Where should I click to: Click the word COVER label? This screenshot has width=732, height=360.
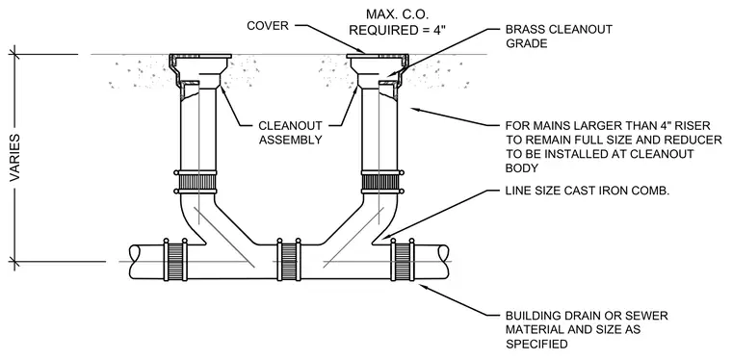[268, 25]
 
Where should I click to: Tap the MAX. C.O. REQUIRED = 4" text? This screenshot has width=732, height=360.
[398, 22]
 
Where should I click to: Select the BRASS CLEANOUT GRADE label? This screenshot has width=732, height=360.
[559, 36]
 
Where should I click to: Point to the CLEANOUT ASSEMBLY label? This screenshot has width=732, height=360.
[290, 133]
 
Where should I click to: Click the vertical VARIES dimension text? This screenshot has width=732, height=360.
[15, 158]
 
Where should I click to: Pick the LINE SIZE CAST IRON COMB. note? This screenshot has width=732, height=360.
[588, 191]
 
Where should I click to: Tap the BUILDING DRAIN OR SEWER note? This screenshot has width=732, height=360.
[587, 330]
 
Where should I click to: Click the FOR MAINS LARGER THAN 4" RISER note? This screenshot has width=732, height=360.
[614, 146]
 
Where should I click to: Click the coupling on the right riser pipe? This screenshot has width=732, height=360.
[380, 182]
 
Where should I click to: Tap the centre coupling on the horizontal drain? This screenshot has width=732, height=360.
[289, 260]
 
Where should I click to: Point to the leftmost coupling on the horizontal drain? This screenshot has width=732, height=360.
[175, 260]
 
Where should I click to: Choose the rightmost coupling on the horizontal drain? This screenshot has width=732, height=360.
[403, 260]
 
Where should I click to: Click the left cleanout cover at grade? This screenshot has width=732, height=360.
[199, 57]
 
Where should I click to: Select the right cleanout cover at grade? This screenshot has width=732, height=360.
[378, 57]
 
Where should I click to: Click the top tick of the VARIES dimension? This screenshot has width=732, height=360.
[15, 55]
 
